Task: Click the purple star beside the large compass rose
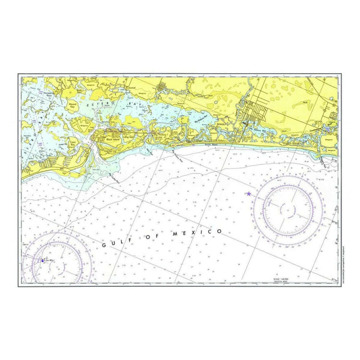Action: [x=248, y=193]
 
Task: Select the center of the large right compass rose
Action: [x=290, y=210]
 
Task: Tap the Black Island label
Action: [x=112, y=139]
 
